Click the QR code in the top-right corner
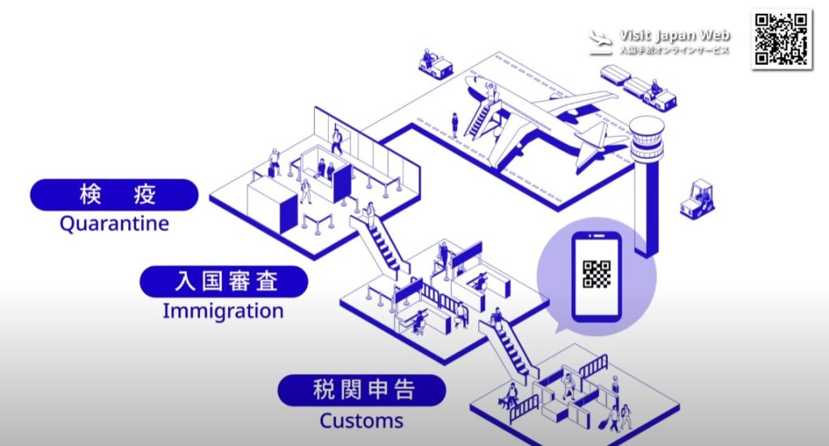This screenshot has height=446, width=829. point(781,39)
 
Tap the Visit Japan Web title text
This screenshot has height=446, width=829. point(674,35)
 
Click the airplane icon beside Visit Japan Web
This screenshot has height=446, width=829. point(601,41)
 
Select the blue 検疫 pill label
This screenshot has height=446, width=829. point(114,195)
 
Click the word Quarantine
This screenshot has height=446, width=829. point(114,223)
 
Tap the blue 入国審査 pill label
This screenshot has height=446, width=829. point(224,282)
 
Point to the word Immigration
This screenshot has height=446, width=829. point(223,311)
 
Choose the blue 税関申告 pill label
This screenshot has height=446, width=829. point(362,390)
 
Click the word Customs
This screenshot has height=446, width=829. point(361,421)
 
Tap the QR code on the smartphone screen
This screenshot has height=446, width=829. point(597,274)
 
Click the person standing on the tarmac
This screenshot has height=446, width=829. point(455,124)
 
